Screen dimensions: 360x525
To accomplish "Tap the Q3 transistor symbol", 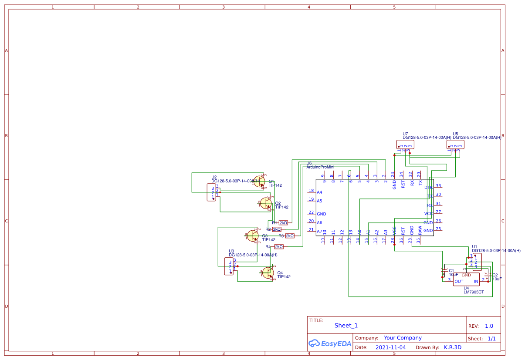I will click(x=253, y=236).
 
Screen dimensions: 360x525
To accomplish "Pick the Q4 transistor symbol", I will click(x=268, y=273).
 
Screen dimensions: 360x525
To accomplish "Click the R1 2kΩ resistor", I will click(x=283, y=222).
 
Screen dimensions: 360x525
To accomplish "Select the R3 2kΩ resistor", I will click(x=290, y=236).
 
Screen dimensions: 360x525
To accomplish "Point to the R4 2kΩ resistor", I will click(x=279, y=247).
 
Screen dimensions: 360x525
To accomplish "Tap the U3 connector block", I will click(x=228, y=266).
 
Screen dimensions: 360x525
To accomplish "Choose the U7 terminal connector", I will click(x=405, y=144).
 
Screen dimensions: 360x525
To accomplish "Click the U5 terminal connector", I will click(x=455, y=144).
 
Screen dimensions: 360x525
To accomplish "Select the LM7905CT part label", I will click(x=474, y=292).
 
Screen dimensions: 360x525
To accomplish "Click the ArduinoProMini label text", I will click(x=320, y=167).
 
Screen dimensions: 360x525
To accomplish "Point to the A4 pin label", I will click(x=319, y=192).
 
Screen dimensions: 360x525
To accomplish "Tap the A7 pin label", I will click(x=319, y=231).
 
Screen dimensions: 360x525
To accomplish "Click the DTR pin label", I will click(x=429, y=188).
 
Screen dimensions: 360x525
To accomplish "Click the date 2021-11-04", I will click(x=390, y=347).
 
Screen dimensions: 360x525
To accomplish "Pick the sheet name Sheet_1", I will click(x=346, y=325).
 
